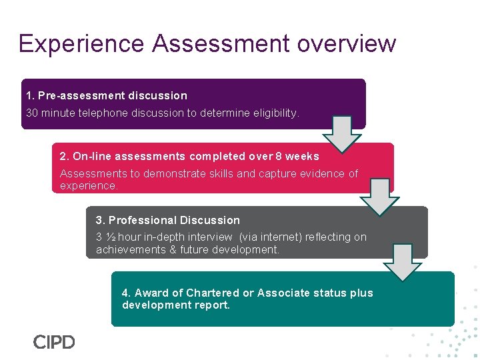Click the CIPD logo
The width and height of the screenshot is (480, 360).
coord(54,342)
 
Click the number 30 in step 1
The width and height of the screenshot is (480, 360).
coord(32,113)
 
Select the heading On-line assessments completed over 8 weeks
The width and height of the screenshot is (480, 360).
coord(189,157)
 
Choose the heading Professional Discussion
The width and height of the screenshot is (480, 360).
coord(168,220)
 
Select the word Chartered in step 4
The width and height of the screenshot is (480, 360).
coord(213,293)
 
